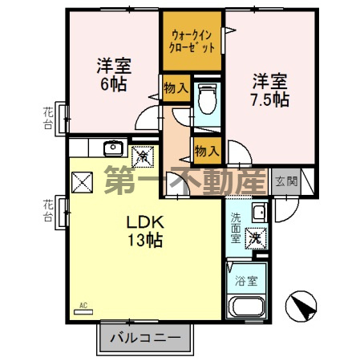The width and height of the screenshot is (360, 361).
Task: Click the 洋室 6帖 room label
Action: point(114,73)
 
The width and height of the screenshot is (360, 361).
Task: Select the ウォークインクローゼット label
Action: point(192,40)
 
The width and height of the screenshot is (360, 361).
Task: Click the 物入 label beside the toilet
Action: point(176,90)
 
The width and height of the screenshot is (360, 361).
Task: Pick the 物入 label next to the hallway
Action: point(206,149)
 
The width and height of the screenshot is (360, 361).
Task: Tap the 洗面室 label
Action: point(236,227)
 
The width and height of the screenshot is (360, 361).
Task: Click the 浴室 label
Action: point(246,282)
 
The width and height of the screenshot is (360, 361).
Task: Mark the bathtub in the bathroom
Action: point(245,307)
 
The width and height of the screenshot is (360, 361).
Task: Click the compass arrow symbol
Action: point(300,306)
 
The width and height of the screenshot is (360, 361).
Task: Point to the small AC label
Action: point(83,306)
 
